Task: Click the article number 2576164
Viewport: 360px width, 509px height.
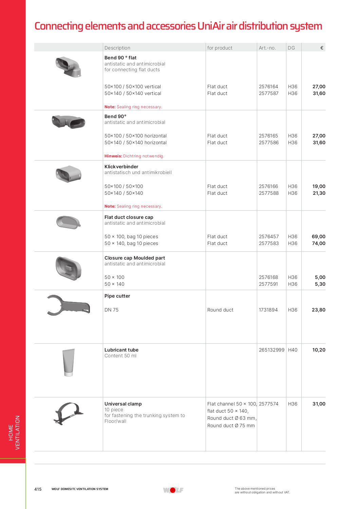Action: coord(268,87)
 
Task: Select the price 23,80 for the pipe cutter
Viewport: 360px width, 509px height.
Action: coord(318,310)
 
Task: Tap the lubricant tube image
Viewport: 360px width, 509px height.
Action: coord(69,362)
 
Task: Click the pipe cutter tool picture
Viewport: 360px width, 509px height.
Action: coord(68,305)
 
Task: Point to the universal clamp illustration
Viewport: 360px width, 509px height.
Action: coord(69,413)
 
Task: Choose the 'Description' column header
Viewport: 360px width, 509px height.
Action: coord(117,48)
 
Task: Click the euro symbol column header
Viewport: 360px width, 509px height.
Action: coord(322,48)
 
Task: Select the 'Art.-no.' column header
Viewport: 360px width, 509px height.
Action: coord(267,48)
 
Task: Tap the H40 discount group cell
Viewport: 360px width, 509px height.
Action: coord(292,350)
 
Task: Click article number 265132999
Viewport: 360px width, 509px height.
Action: coord(271,350)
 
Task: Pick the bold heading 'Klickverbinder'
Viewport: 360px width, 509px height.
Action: coord(121,167)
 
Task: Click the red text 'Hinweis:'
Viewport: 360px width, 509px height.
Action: coord(113,156)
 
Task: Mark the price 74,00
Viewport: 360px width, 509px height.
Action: coord(319,243)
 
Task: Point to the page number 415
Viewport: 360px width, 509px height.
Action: coord(38,489)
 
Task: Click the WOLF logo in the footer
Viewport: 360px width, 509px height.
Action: coord(173,490)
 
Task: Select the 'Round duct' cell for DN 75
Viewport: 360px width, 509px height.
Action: coord(220,310)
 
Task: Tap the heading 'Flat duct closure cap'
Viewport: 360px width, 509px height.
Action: coord(129,217)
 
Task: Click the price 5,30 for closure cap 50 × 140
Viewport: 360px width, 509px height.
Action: coord(320,284)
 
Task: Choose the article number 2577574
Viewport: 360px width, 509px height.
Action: coord(268,404)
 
